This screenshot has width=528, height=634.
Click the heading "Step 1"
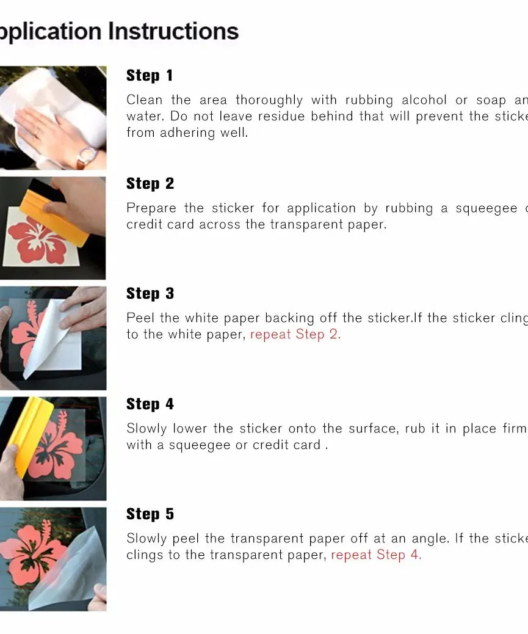[150, 76]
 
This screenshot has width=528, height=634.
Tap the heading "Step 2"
[150, 184]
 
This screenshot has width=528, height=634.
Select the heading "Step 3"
[150, 294]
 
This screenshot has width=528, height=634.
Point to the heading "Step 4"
[150, 404]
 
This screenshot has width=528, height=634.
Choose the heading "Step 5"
[150, 514]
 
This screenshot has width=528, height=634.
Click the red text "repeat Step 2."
[295, 335]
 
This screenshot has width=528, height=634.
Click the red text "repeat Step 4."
[376, 555]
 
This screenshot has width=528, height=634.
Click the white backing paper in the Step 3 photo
[58, 342]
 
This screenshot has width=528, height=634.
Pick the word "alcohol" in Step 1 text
[425, 100]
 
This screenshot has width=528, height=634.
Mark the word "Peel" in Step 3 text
[140, 318]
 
